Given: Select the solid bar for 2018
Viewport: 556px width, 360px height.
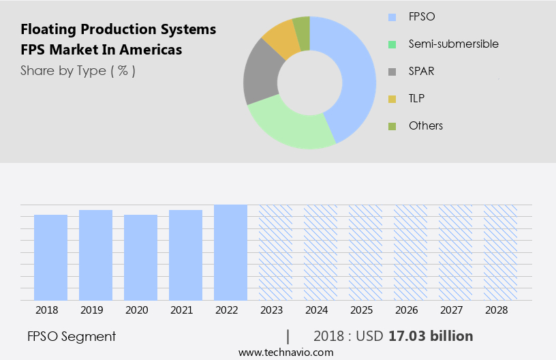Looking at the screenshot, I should (50, 257).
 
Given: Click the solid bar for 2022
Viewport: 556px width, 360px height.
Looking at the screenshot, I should (230, 252).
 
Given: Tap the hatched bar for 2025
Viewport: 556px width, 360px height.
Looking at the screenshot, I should (365, 252).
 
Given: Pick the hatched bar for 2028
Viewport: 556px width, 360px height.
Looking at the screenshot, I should (500, 252).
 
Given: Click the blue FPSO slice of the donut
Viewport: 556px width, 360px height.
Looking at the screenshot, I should (354, 75).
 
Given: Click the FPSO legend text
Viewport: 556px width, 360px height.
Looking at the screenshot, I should (422, 16).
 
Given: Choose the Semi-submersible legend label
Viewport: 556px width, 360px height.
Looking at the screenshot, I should (453, 44).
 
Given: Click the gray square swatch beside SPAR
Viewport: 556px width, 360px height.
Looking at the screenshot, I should (391, 71).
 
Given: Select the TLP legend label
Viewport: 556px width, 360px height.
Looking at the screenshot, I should (416, 98).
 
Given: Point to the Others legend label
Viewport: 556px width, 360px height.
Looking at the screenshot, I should (425, 125).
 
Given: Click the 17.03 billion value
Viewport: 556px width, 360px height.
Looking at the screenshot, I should (431, 336).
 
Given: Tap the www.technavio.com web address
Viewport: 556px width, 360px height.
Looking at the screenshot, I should (285, 352).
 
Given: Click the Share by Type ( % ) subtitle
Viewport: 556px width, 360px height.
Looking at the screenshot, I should (78, 70).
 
